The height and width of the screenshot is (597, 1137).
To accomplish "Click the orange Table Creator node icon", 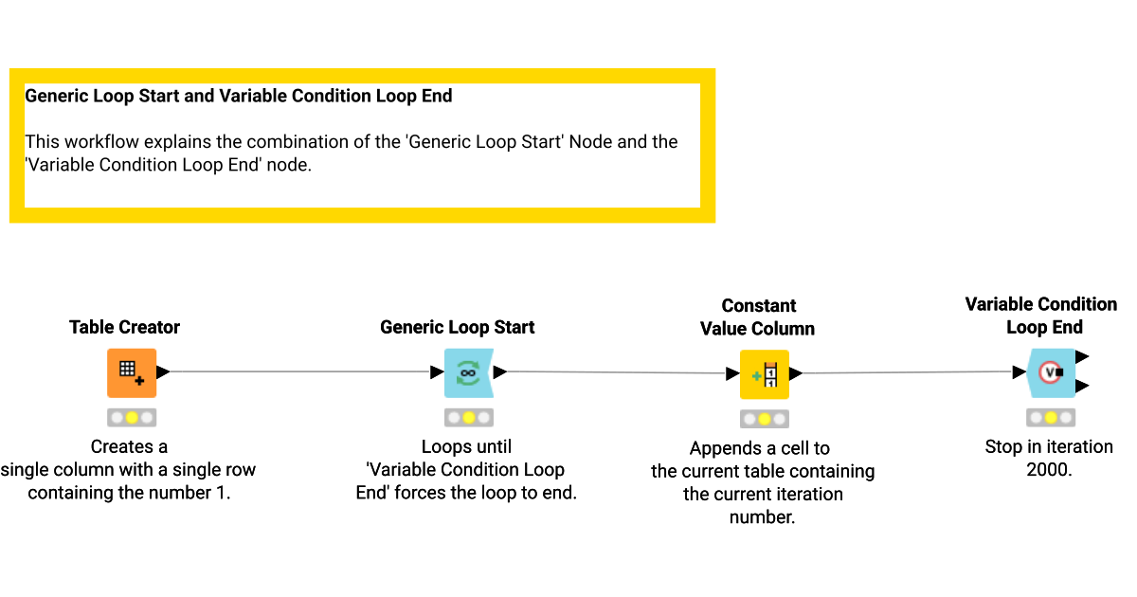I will point(132,372).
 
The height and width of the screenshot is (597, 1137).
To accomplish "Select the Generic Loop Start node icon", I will point(468,372).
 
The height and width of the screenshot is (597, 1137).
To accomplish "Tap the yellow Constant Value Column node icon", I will point(764,374).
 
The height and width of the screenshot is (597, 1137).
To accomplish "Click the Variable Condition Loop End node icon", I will point(1050,372).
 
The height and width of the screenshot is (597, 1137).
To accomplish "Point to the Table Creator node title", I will point(124,327).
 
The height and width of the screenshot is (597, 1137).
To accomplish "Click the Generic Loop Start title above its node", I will point(457,327).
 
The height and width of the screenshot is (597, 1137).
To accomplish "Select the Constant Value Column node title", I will point(757,317).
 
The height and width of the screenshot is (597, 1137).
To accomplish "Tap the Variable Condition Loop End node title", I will point(1040,316).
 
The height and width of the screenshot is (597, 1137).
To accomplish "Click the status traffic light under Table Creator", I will point(132,417).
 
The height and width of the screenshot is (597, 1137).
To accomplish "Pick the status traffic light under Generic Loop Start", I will point(468,417).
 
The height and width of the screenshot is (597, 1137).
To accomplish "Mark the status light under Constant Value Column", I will point(764,419).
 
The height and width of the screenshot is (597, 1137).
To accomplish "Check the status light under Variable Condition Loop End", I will point(1050,417).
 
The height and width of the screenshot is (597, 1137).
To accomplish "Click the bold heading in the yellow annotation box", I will point(239,96).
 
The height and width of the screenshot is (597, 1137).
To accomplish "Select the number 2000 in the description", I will point(1049,470).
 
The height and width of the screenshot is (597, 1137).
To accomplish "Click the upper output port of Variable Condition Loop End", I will point(1082,356).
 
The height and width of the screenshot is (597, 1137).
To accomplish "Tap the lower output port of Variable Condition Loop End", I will point(1082,386).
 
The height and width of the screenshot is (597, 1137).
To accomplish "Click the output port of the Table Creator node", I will point(163,372).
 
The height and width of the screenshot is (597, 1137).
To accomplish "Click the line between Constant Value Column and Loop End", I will point(910,372).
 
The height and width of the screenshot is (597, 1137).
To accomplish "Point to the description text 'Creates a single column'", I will point(129,458).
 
